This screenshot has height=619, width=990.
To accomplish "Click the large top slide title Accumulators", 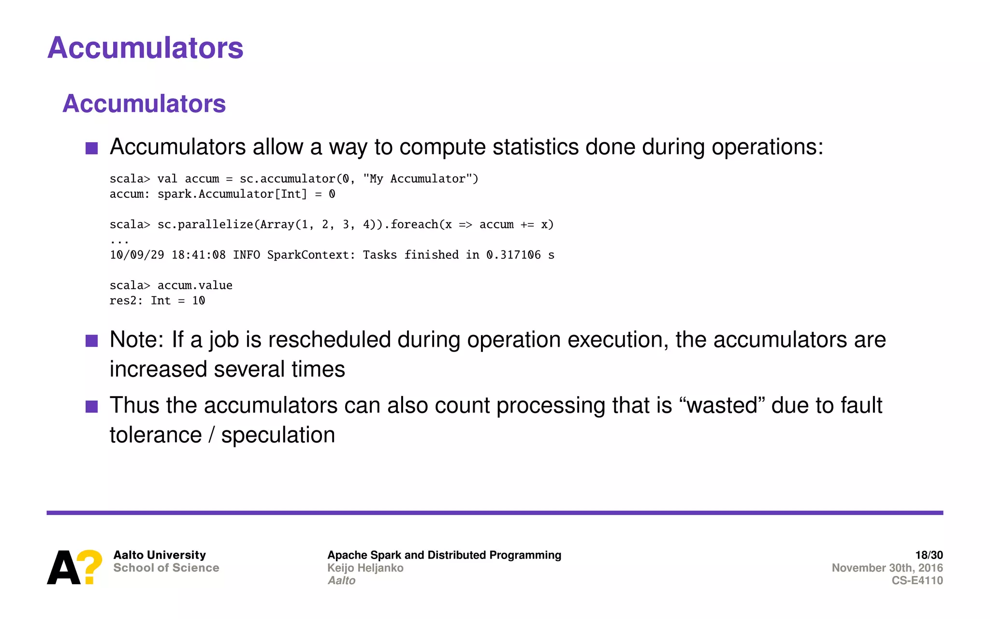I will tap(145, 48).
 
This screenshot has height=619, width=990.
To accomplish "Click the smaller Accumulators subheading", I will tap(144, 103).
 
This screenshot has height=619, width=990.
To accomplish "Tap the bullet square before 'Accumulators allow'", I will tap(91, 148).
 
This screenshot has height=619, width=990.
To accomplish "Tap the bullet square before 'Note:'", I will tap(91, 341).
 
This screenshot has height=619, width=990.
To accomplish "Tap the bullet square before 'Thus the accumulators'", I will tap(91, 406).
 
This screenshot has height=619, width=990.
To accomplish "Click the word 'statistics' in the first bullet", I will tap(535, 147).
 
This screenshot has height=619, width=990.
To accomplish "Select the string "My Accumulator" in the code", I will tap(417, 179).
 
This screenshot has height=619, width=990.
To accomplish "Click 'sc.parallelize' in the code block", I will tap(205, 224).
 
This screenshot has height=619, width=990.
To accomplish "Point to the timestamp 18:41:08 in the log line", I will tap(198, 255).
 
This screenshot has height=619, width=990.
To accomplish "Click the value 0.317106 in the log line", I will tap(513, 255).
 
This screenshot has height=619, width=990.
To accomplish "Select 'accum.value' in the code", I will tap(195, 285).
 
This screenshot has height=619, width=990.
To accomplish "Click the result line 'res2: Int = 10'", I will tap(157, 301).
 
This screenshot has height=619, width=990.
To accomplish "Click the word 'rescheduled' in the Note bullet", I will tap(329, 339).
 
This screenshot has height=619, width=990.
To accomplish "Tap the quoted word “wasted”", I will tap(722, 405).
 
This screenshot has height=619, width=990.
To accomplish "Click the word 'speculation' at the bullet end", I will tap(278, 435).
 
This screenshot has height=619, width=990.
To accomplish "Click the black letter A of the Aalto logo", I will tap(63, 568).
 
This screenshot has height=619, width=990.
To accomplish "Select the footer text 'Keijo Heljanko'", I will tap(365, 568).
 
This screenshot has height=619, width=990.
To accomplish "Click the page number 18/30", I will tap(929, 555).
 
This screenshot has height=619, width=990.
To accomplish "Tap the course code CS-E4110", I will tap(917, 580).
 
